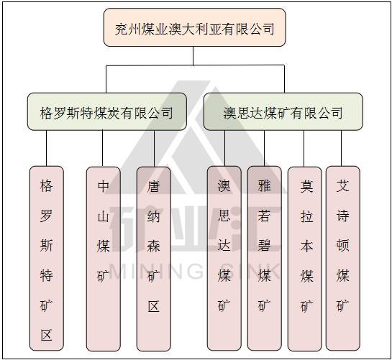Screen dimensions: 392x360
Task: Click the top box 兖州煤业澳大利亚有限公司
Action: pyautogui.click(x=194, y=27)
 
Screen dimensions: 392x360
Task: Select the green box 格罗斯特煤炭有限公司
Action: pyautogui.click(x=107, y=111)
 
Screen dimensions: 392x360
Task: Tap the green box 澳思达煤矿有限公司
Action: pyautogui.click(x=283, y=111)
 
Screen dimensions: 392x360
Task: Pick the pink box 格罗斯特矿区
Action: pyautogui.click(x=47, y=258)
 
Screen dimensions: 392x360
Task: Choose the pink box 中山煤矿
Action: pyautogui.click(x=104, y=259)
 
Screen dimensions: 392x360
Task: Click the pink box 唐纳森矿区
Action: pyautogui.click(x=154, y=259)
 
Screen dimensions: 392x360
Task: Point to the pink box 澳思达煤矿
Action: pyautogui.click(x=224, y=258)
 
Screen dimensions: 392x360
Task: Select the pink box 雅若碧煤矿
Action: pyautogui.click(x=265, y=258)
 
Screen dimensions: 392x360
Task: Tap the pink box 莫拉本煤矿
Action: pyautogui.click(x=305, y=259)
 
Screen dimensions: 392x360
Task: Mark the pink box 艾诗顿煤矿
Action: pyautogui.click(x=343, y=258)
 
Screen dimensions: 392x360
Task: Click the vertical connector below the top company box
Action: pyautogui.click(x=193, y=56)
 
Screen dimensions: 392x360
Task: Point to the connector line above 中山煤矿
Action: pyautogui.click(x=103, y=149)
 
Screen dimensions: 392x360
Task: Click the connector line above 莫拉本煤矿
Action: pyautogui.click(x=304, y=149)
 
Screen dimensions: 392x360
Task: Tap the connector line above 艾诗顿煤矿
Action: pyautogui.click(x=342, y=148)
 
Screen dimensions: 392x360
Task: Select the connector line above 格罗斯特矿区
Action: pyautogui.click(x=46, y=148)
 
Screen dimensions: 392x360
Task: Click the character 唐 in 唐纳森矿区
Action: pyautogui.click(x=153, y=186)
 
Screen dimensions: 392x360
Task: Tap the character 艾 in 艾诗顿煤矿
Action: pyautogui.click(x=342, y=185)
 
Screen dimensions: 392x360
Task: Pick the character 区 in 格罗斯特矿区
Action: pyautogui.click(x=47, y=335)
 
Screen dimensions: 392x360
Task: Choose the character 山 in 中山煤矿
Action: pyautogui.click(x=104, y=216)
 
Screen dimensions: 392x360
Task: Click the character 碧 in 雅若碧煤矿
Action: pyautogui.click(x=264, y=245)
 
